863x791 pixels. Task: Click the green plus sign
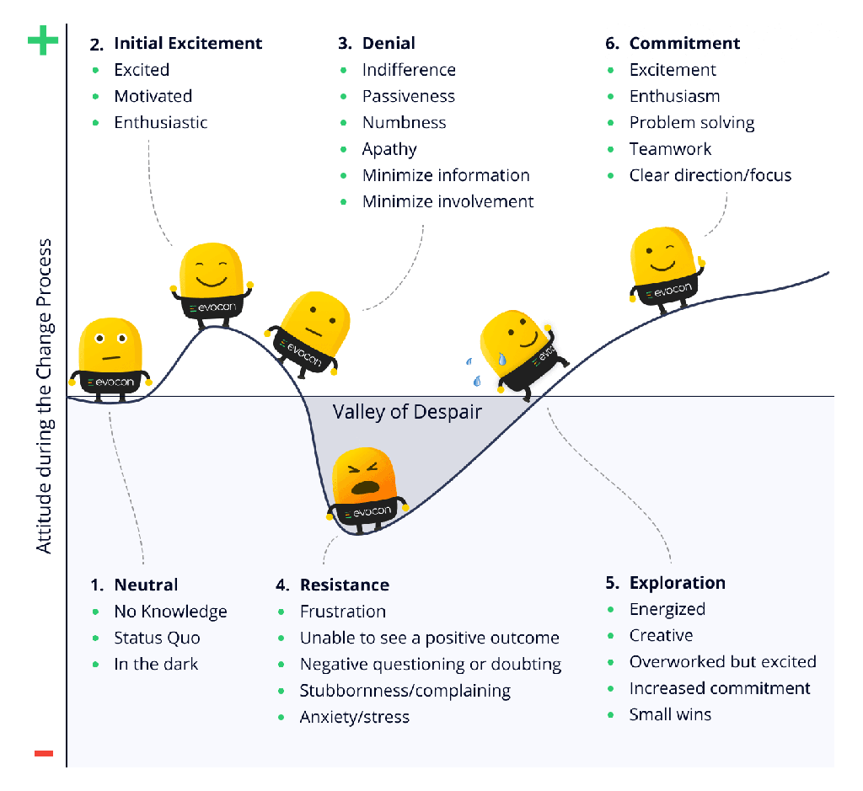(x=43, y=40)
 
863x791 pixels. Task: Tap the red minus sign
(x=44, y=753)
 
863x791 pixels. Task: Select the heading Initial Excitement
(x=188, y=44)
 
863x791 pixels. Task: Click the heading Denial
(x=389, y=44)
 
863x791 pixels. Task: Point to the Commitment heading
(x=684, y=44)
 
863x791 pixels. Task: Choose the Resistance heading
(x=345, y=585)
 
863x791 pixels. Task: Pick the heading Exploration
(x=678, y=583)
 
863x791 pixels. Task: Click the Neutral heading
(x=146, y=585)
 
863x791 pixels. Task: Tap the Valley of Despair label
(x=407, y=412)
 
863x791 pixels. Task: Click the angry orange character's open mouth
(x=364, y=488)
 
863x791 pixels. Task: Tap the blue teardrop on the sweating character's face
(x=502, y=359)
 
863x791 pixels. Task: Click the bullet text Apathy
(x=389, y=149)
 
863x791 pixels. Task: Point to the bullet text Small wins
(x=670, y=714)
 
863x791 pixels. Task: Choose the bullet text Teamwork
(x=670, y=149)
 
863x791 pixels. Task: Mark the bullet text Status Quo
(x=157, y=638)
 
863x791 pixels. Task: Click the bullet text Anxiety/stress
(x=355, y=717)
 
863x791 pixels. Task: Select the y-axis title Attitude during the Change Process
(x=44, y=396)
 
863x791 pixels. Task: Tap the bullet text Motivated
(x=153, y=96)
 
